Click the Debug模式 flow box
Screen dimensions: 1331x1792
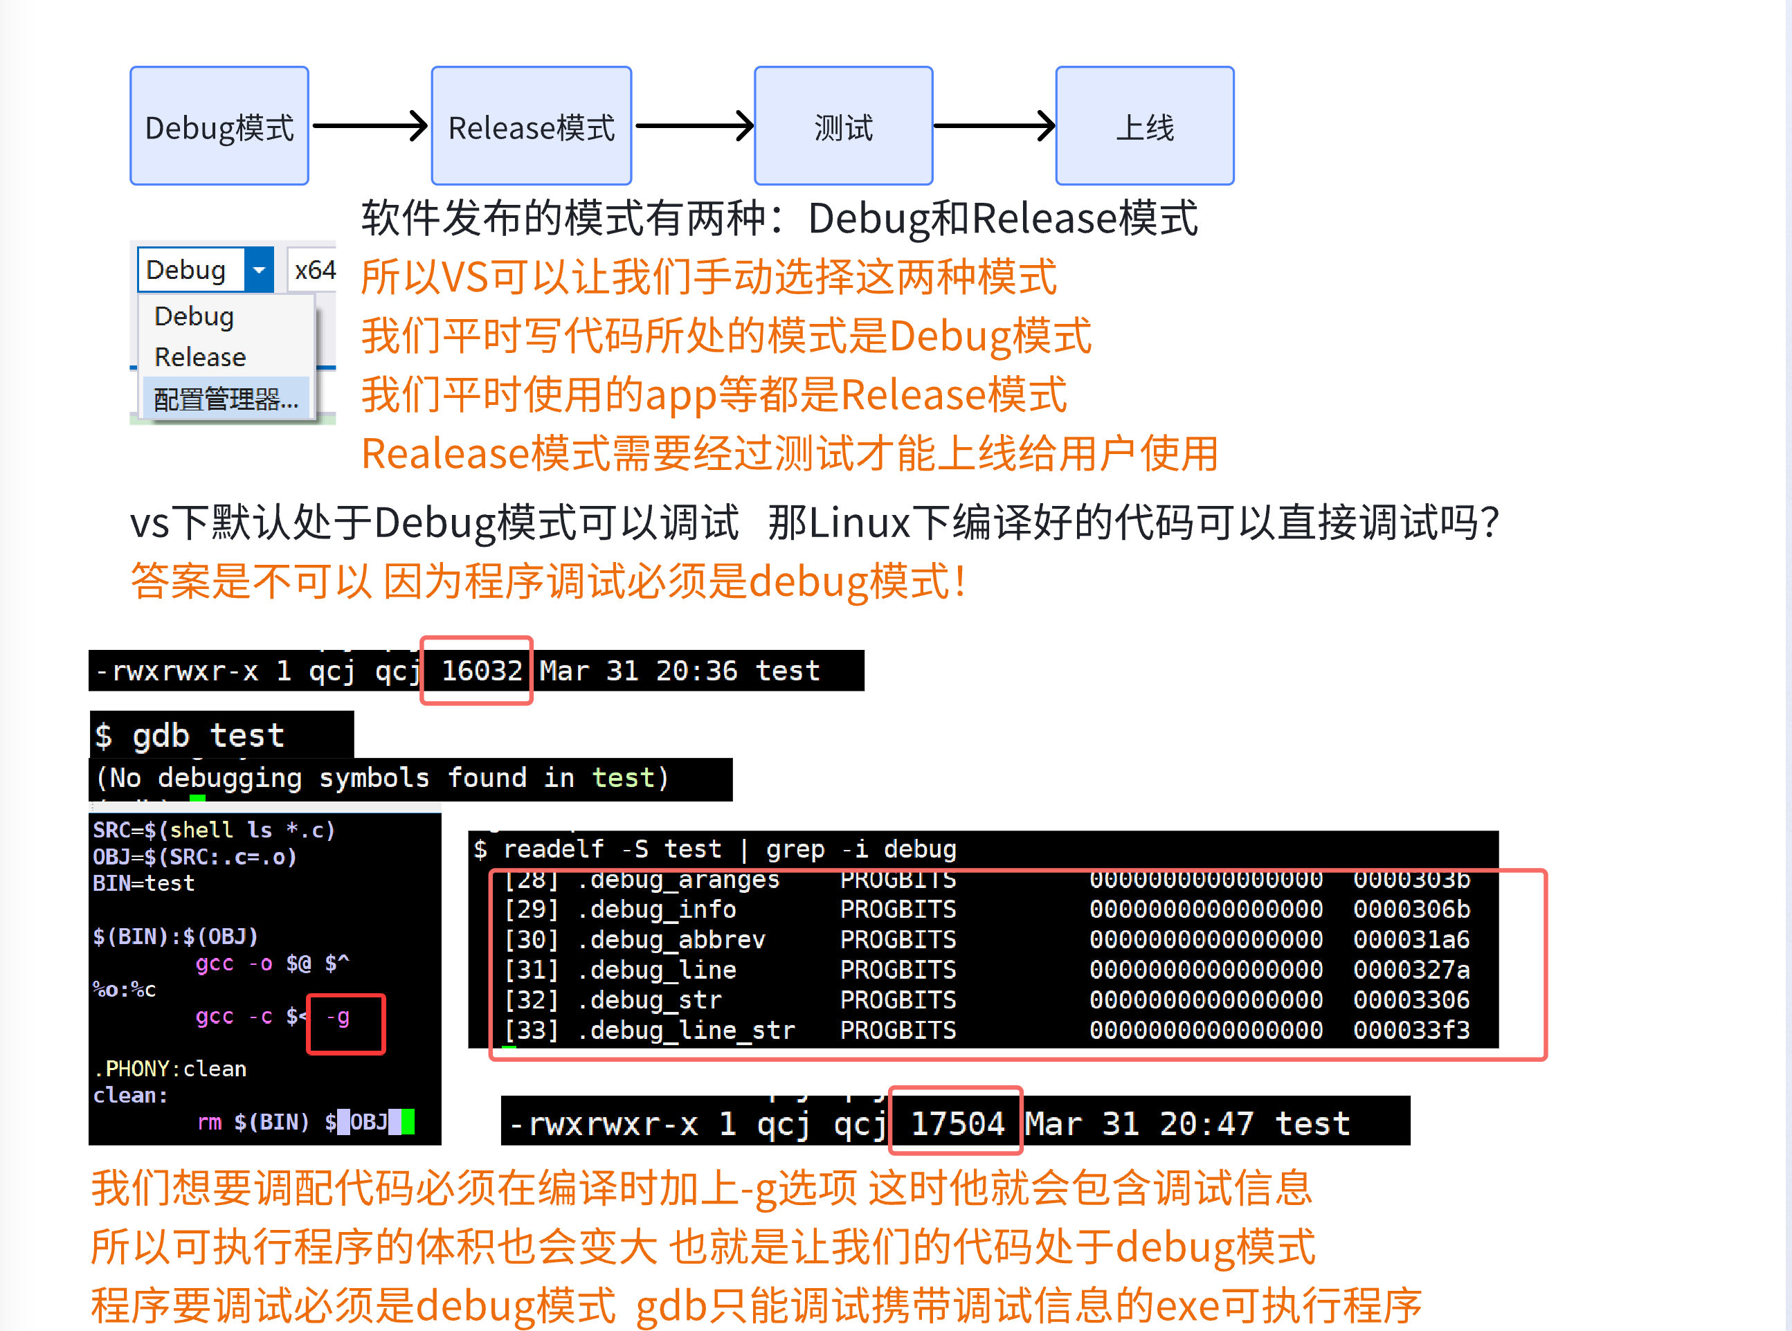tap(219, 127)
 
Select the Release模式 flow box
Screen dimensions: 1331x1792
tap(531, 127)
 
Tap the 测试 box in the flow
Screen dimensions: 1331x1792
tap(843, 127)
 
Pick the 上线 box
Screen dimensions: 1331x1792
tap(1144, 127)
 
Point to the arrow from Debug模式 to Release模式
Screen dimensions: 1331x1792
tap(370, 126)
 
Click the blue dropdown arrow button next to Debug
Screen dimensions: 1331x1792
tap(259, 270)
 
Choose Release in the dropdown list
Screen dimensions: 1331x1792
tap(200, 357)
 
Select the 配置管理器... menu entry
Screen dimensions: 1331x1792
tap(226, 399)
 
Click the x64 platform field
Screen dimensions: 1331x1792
tap(314, 270)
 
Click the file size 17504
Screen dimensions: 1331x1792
tap(957, 1123)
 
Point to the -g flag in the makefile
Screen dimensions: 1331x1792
tap(338, 1017)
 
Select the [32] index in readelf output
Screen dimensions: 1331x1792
tap(531, 1000)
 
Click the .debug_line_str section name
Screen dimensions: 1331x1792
tap(686, 1031)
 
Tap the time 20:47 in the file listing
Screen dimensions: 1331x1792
tap(1206, 1123)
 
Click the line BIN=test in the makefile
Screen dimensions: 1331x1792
tap(143, 884)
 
